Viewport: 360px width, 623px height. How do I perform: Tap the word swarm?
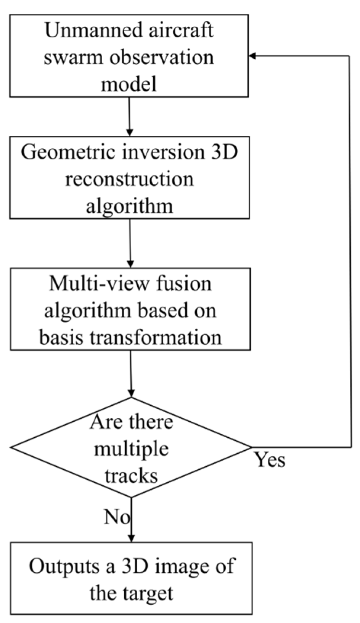coord(66,57)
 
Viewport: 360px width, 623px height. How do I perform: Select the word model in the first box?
coord(129,83)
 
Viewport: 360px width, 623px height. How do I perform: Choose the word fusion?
coord(185,284)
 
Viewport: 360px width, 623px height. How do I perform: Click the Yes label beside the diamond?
coord(270,460)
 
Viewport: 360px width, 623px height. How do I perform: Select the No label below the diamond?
coord(117,517)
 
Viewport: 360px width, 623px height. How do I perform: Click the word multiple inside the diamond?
coord(131,449)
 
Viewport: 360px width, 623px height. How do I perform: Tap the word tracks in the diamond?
coord(131,475)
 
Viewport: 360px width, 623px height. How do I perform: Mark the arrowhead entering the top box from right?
coord(253,56)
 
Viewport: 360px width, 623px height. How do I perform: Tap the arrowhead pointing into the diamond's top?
coord(131,393)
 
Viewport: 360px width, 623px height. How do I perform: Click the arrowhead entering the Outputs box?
coord(131,538)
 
